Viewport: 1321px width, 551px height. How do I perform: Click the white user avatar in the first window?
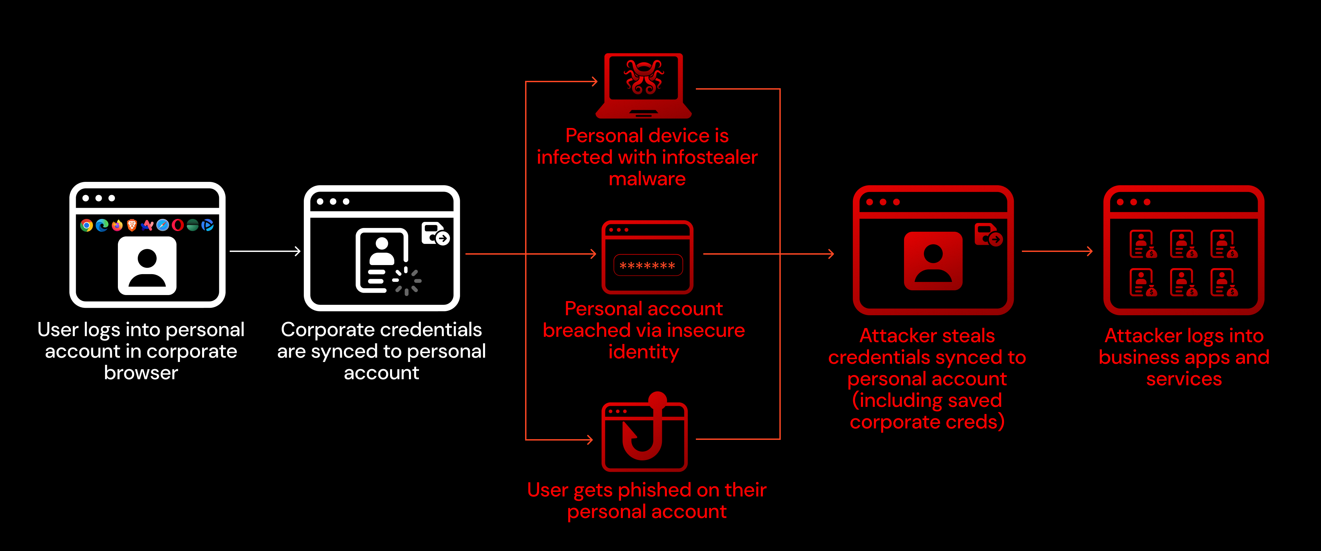pyautogui.click(x=147, y=265)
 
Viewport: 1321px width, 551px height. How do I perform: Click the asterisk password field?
pyautogui.click(x=648, y=265)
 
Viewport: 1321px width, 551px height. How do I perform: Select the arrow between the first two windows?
pyautogui.click(x=265, y=251)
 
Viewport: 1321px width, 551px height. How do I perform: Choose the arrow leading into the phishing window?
pyautogui.click(x=559, y=439)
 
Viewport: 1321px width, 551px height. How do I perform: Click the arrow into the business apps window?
pyautogui.click(x=1057, y=251)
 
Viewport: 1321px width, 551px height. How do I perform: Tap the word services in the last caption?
pyautogui.click(x=1184, y=379)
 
